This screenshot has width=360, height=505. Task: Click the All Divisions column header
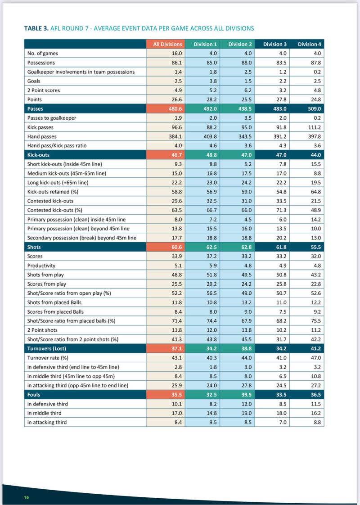(x=167, y=44)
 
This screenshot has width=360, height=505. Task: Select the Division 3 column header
(x=275, y=44)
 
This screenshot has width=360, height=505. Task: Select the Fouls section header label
(x=34, y=394)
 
